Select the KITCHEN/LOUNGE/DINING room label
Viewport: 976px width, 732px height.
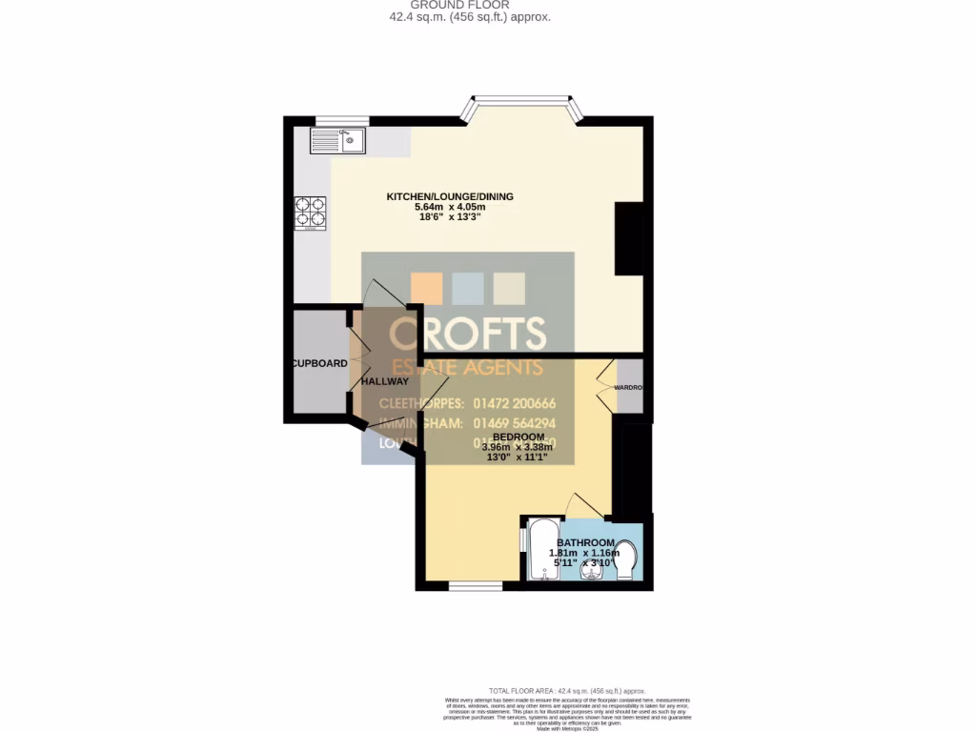coord(449,196)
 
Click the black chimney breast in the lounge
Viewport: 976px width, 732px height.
coord(629,238)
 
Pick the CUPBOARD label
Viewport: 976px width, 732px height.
coord(319,363)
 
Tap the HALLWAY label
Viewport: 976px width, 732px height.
coord(384,381)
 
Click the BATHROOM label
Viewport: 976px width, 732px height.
coord(585,542)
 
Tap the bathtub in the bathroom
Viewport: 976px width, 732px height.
coord(544,549)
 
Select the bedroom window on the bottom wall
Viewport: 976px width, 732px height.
coord(475,585)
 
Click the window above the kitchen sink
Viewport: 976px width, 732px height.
coord(341,120)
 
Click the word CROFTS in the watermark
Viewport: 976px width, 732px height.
coord(468,333)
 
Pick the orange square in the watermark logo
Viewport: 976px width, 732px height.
coord(426,289)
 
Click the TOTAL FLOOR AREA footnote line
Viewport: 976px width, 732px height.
coord(566,691)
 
